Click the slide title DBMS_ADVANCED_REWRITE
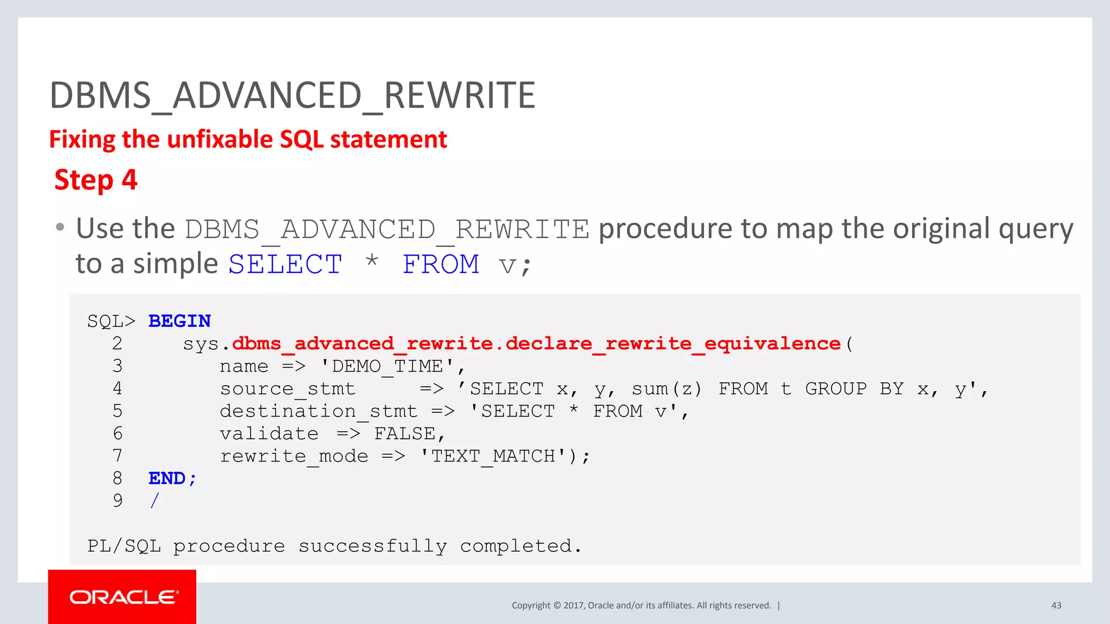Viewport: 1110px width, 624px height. [x=292, y=96]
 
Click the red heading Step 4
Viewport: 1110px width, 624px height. [x=96, y=180]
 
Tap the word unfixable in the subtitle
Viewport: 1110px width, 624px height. [x=220, y=140]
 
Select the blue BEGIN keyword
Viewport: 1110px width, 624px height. [x=179, y=321]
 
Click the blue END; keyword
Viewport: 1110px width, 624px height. [x=172, y=478]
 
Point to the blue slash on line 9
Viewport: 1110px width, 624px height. [x=155, y=500]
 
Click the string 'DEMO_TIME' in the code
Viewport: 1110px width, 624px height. [x=388, y=367]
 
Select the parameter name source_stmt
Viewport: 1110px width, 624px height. [x=287, y=389]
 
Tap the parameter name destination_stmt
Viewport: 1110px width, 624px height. [x=318, y=412]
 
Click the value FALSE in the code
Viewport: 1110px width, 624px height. [x=405, y=434]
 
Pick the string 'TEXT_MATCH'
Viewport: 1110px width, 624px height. [x=493, y=456]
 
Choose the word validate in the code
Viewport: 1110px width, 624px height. [x=269, y=434]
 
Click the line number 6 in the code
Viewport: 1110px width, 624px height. [x=118, y=434]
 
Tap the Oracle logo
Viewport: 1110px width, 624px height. [x=122, y=597]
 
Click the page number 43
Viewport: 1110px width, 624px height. [x=1056, y=606]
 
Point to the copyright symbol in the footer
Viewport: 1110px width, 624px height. [x=557, y=606]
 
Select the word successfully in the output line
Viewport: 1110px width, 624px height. [x=373, y=546]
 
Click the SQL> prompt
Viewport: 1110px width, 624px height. [x=111, y=321]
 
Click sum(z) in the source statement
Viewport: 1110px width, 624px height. [x=666, y=389]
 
